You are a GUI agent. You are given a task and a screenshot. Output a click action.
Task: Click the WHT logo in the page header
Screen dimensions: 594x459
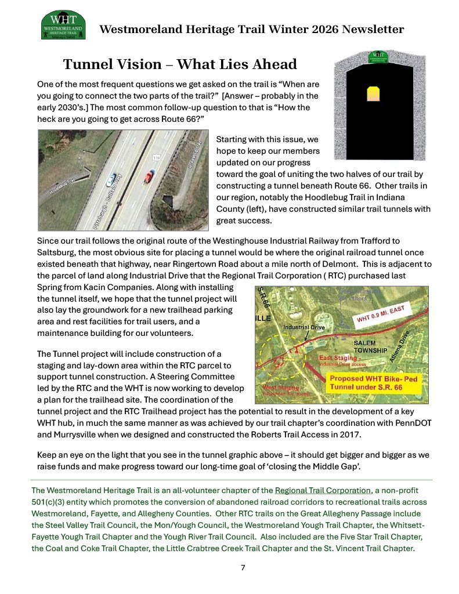pyautogui.click(x=64, y=24)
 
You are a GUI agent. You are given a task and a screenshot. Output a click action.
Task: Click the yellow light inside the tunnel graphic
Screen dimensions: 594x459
pyautogui.click(x=374, y=93)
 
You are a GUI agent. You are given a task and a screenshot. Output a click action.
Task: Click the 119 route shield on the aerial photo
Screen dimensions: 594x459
pyautogui.click(x=156, y=157)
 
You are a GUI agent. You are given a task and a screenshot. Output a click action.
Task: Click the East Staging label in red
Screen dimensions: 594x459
pyautogui.click(x=334, y=358)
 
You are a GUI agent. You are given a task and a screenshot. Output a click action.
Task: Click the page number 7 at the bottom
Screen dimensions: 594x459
pyautogui.click(x=243, y=567)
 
